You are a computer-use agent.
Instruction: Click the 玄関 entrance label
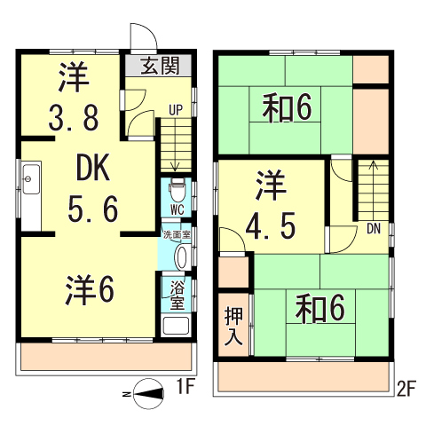(x=162, y=66)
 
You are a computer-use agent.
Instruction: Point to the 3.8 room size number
(x=74, y=115)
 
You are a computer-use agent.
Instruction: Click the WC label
(x=177, y=210)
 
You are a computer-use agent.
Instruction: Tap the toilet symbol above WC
(x=177, y=189)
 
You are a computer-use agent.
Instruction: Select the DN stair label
(x=373, y=229)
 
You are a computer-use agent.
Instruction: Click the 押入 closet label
(x=234, y=327)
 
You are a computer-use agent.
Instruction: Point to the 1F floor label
(x=185, y=387)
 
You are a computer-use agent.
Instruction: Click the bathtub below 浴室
(x=176, y=324)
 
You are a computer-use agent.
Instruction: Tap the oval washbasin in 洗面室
(x=182, y=256)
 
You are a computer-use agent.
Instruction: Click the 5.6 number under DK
(x=92, y=209)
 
